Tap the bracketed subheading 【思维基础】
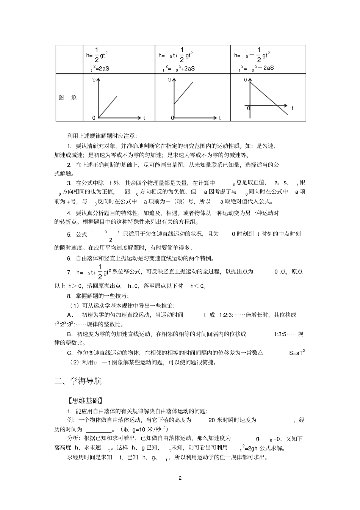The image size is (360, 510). tap(85, 401)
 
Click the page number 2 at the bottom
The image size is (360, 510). tap(180, 478)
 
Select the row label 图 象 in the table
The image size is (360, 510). tap(68, 97)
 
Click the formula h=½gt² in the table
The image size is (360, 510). tap(97, 55)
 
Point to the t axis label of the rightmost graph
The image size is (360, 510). tap(293, 108)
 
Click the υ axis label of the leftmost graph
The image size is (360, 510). tap(94, 80)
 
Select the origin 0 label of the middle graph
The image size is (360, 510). tap(172, 118)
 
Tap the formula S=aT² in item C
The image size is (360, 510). tap(297, 353)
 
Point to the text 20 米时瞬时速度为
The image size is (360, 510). tap(232, 420)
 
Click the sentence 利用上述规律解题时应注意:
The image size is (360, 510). tap(102, 135)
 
